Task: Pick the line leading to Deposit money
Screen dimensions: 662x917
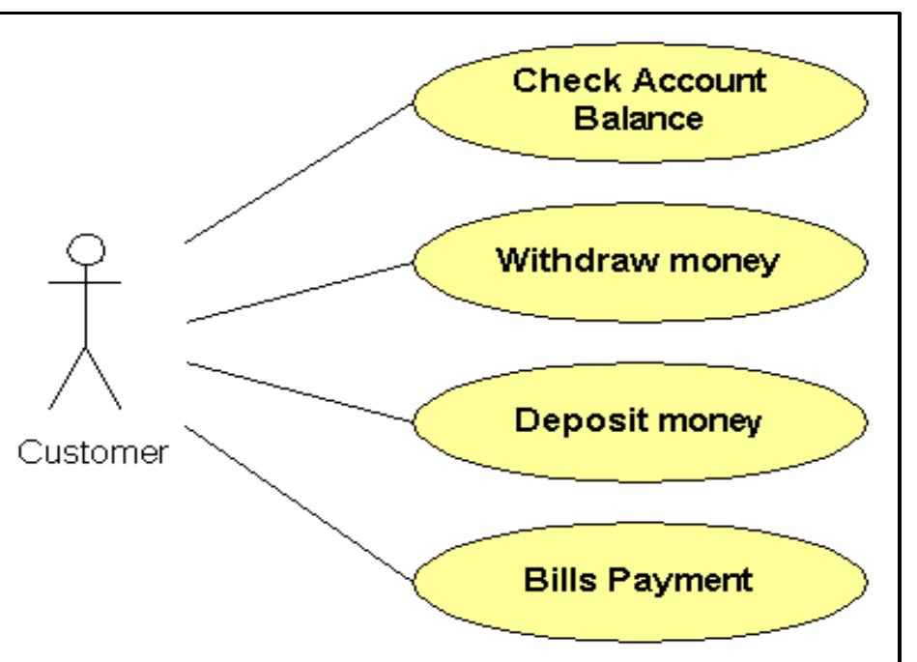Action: [x=300, y=391]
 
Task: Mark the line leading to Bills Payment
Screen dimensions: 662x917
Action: [x=300, y=503]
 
